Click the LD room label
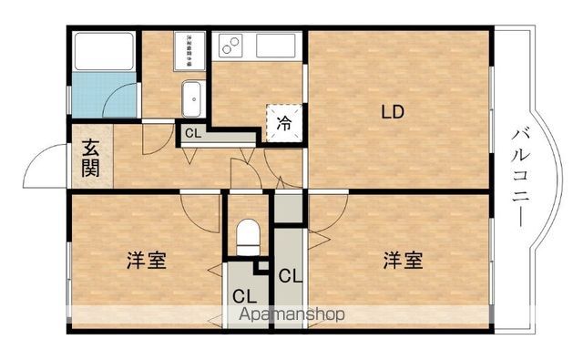pyautogui.click(x=393, y=113)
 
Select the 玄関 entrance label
pyautogui.click(x=90, y=158)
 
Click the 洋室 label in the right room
pyautogui.click(x=402, y=261)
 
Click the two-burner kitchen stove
pyautogui.click(x=230, y=43)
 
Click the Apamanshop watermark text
pyautogui.click(x=291, y=315)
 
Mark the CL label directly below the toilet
pyautogui.click(x=243, y=296)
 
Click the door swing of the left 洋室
pyautogui.click(x=200, y=212)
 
